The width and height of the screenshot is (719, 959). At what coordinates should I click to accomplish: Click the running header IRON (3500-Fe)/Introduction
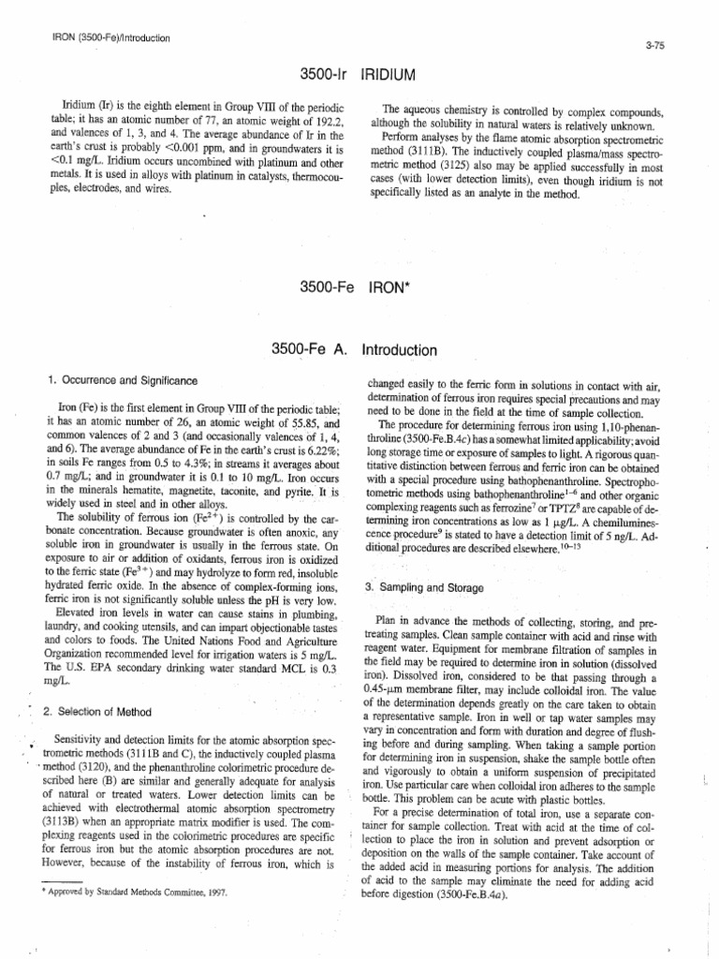coord(108,38)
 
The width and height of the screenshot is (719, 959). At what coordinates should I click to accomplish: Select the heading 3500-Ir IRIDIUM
coord(359,71)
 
